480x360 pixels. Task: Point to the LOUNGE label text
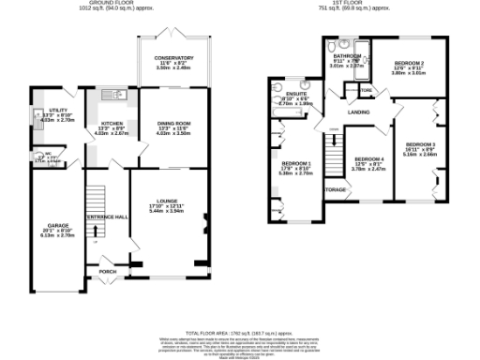170,199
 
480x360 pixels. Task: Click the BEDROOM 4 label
369,159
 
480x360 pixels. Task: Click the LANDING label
358,112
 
